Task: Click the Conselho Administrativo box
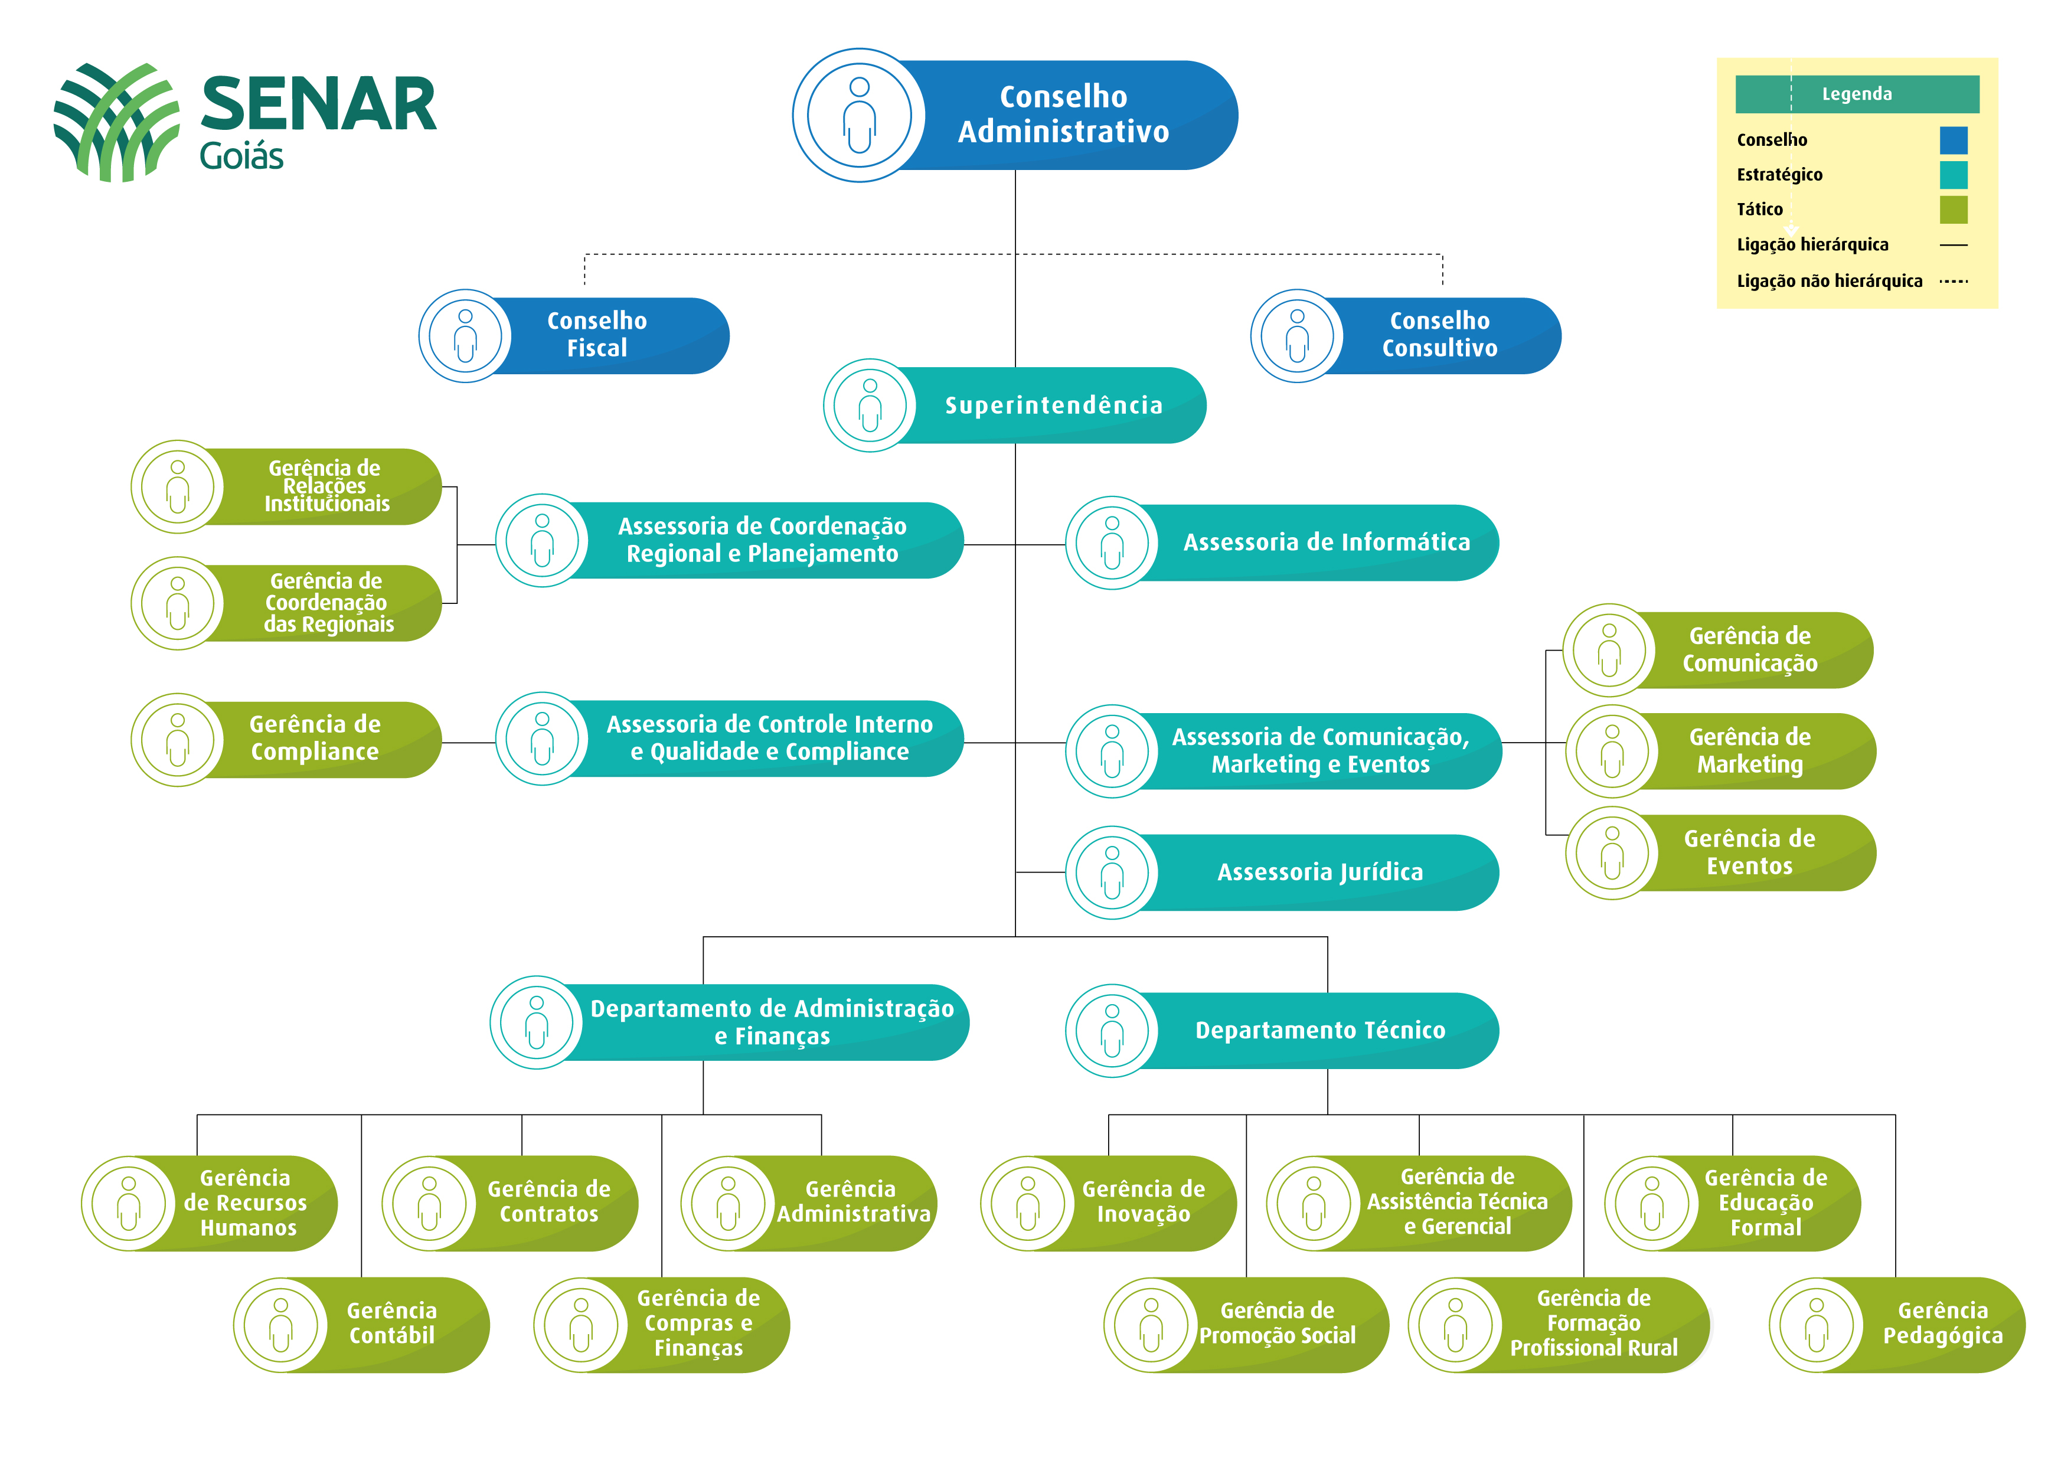tap(1015, 115)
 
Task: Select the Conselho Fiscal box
tap(574, 335)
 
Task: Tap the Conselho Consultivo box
tap(1405, 335)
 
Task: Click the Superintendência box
tap(1015, 405)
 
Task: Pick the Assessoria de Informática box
tap(1282, 542)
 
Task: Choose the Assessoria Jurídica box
tap(1282, 872)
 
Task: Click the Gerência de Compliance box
tap(286, 740)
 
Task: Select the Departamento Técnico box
tap(1282, 1030)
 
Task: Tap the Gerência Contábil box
tap(361, 1324)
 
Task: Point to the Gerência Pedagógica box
tap(1897, 1324)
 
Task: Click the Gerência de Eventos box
tap(1720, 852)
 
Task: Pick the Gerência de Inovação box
tap(1108, 1203)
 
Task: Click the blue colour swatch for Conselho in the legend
tap(1954, 140)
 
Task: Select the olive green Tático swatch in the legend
tap(1954, 210)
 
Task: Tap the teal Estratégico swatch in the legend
tap(1954, 174)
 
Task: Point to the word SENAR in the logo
tap(318, 104)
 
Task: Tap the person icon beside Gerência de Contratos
tap(429, 1203)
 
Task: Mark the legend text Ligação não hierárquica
tap(1830, 280)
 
